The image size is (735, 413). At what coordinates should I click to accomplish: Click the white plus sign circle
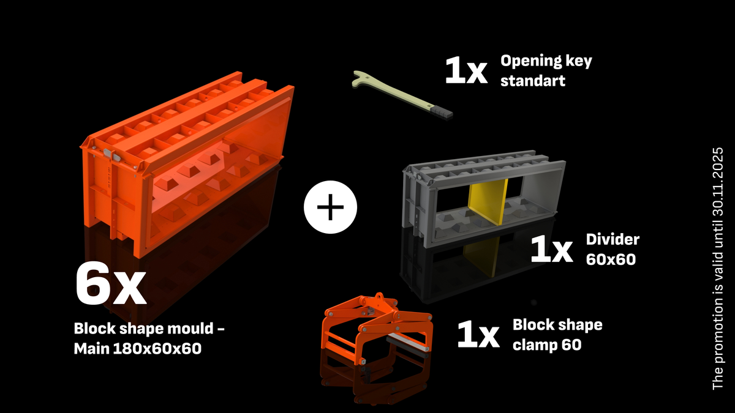click(330, 208)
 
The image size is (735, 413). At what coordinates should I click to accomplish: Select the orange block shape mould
click(184, 165)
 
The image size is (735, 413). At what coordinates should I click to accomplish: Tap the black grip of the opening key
click(442, 112)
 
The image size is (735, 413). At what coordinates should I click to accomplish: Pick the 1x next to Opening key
click(466, 71)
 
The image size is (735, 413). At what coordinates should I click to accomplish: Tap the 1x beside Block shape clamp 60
click(478, 335)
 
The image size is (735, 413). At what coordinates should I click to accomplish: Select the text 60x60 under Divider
click(611, 259)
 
